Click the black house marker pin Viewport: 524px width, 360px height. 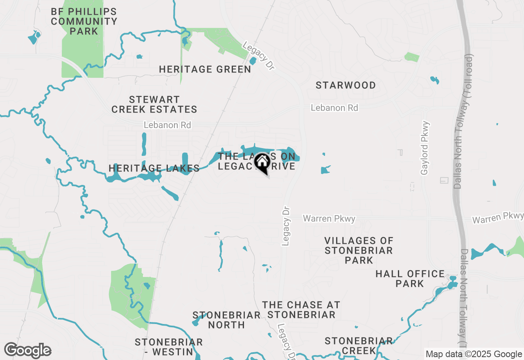(x=262, y=163)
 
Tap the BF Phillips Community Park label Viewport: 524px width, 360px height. (x=84, y=21)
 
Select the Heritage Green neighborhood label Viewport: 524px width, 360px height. (x=205, y=70)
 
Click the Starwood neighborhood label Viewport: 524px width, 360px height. (x=346, y=85)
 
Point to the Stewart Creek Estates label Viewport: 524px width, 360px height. (x=154, y=104)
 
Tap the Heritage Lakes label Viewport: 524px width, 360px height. (x=154, y=168)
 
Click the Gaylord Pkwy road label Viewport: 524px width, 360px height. (x=425, y=148)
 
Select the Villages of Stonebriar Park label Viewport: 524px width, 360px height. (x=359, y=250)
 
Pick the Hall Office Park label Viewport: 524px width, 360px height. (x=410, y=279)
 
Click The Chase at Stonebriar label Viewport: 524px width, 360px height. (x=301, y=310)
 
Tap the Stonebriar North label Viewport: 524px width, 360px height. (x=226, y=320)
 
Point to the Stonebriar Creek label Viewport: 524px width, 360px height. (x=359, y=346)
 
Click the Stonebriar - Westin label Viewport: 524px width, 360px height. (x=169, y=346)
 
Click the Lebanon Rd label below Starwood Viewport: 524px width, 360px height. (x=334, y=108)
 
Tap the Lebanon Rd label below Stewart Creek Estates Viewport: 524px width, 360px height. (x=167, y=125)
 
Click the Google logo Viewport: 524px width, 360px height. (x=28, y=351)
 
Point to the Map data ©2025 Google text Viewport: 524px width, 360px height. (x=474, y=354)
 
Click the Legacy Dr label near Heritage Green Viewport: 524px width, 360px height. (x=258, y=56)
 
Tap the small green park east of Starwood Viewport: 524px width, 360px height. (x=412, y=57)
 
